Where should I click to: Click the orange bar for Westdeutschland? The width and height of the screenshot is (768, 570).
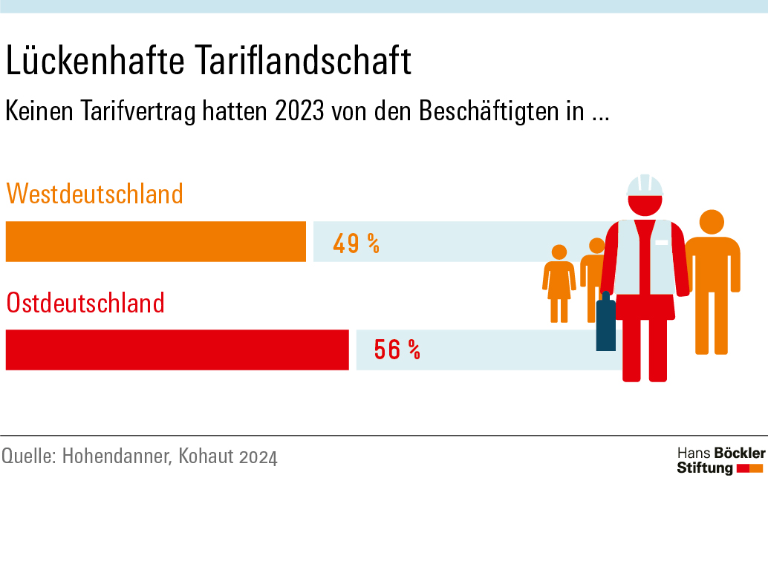coord(156,241)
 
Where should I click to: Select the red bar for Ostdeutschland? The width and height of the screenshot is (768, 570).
coord(177,350)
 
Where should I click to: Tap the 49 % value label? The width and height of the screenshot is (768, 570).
coord(356,243)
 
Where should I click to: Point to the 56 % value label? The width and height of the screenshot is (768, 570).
coord(397,350)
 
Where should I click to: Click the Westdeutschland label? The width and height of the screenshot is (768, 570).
coord(94,194)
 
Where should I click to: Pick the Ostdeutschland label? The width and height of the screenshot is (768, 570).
coord(85,303)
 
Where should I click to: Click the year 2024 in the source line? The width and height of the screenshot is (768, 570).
coord(258,456)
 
